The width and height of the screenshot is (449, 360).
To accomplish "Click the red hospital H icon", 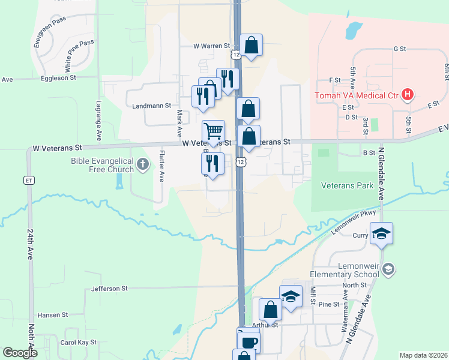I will (408, 94).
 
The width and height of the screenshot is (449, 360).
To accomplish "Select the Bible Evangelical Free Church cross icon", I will (142, 163).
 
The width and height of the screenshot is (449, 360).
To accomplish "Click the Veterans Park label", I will (347, 185).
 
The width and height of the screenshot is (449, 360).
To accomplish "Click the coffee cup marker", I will (248, 342).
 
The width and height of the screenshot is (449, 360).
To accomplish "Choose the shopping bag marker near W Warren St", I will (251, 45).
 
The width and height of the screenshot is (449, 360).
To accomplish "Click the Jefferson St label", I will (110, 289).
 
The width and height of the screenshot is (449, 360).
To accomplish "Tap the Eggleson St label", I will (59, 78).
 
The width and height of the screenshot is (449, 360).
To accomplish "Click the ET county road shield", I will (28, 179).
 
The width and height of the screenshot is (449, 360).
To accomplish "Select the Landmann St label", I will (151, 106).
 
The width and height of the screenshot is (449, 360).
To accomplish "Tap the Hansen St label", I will (53, 314).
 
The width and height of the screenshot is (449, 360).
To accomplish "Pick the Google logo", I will (19, 353).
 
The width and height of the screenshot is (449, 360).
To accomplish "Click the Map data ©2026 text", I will (423, 355).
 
